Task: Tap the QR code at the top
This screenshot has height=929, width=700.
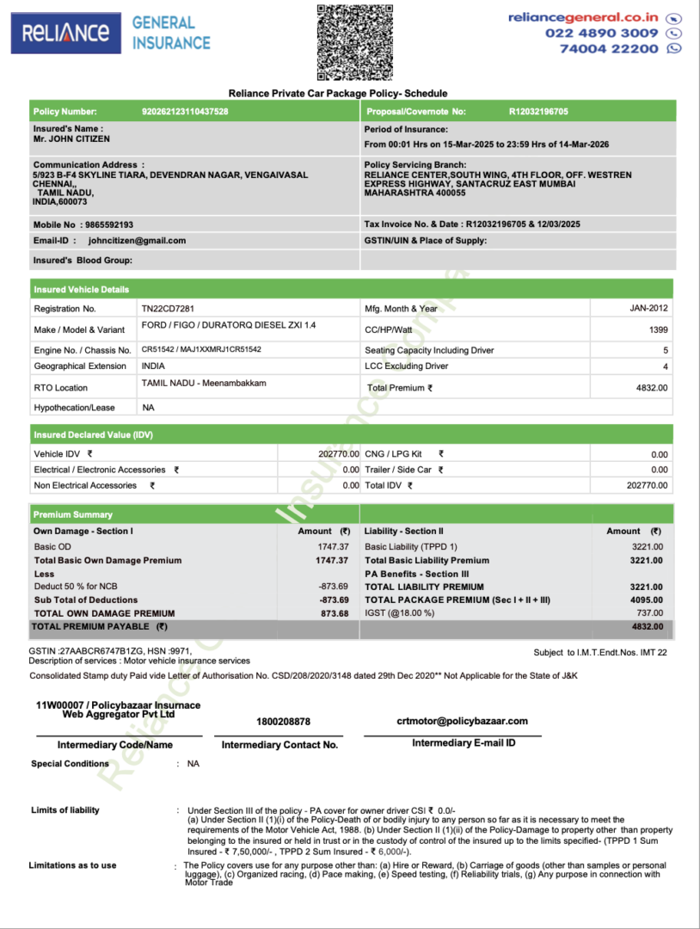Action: (x=356, y=42)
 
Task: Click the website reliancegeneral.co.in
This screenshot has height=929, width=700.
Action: (x=583, y=17)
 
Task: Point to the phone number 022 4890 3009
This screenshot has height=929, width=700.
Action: (x=601, y=33)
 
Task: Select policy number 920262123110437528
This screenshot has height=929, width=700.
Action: (x=185, y=112)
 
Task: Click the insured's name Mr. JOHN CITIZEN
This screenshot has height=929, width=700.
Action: (x=71, y=138)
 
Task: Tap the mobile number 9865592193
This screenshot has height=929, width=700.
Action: (x=107, y=225)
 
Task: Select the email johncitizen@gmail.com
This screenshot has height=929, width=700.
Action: (x=137, y=241)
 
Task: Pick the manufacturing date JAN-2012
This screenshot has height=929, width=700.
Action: (x=648, y=308)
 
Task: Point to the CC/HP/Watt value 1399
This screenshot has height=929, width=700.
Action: (x=658, y=329)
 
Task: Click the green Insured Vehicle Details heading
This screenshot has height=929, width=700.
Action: (x=82, y=289)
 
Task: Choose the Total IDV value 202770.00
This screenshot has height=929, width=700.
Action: (x=647, y=486)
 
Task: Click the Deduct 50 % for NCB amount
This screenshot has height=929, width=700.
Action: (x=333, y=587)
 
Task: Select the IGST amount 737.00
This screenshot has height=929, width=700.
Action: (x=649, y=613)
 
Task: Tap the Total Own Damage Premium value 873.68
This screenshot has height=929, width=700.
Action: (x=335, y=613)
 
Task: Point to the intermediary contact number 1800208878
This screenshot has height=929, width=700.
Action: (x=283, y=722)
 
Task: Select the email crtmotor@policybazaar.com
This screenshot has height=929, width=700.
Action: (x=462, y=721)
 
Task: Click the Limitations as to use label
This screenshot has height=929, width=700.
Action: (x=72, y=865)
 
